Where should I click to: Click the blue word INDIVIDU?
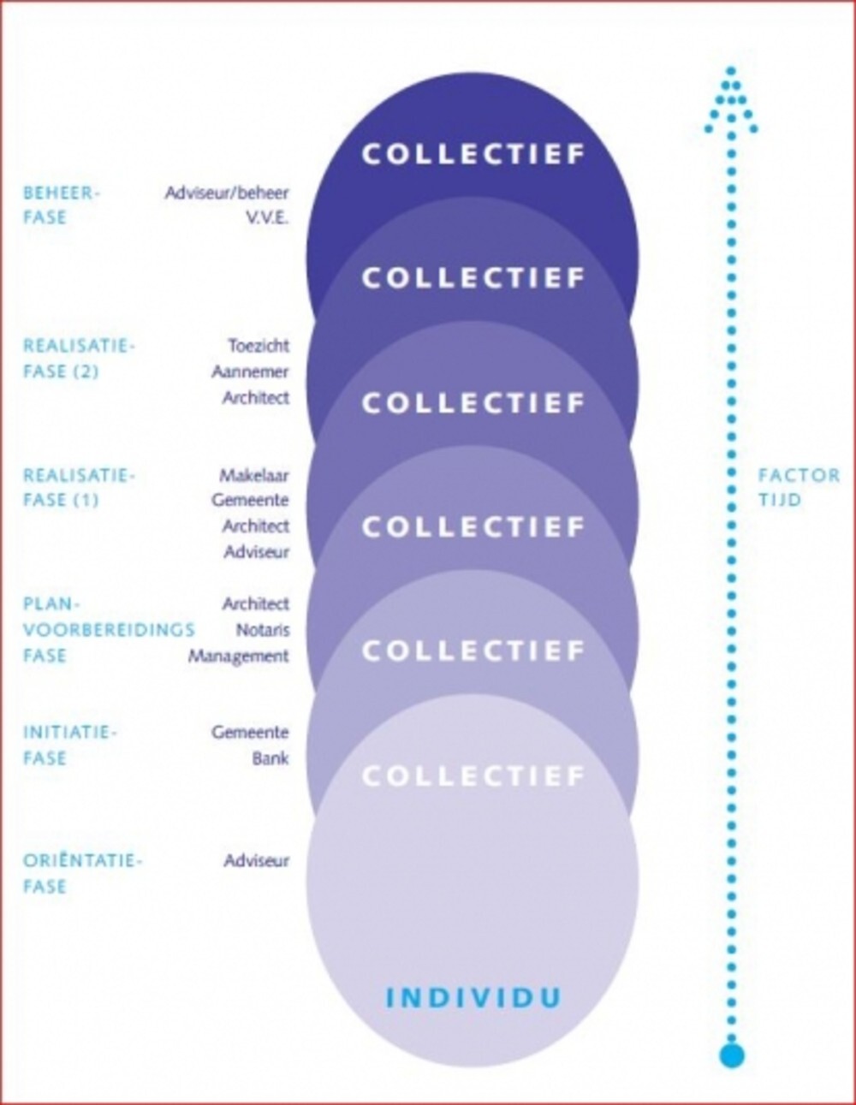click(x=473, y=996)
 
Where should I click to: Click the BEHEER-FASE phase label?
click(x=62, y=205)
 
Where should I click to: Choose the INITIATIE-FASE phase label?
click(x=70, y=745)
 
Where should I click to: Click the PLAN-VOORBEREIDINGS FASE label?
click(x=110, y=630)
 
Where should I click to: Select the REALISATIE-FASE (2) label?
click(x=79, y=359)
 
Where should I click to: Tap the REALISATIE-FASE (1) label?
click(x=79, y=488)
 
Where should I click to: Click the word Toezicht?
click(x=259, y=346)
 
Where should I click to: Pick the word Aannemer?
click(x=251, y=371)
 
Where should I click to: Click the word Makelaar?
click(x=254, y=475)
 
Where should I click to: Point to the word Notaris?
click(x=263, y=630)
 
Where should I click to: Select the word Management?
click(x=239, y=656)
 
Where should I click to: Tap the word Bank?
click(x=271, y=758)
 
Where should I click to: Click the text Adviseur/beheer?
click(x=227, y=193)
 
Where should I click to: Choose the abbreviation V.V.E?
click(x=268, y=218)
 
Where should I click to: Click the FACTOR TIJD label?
click(x=799, y=488)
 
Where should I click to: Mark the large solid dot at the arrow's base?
click(x=732, y=1055)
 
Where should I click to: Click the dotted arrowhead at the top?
click(x=732, y=102)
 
